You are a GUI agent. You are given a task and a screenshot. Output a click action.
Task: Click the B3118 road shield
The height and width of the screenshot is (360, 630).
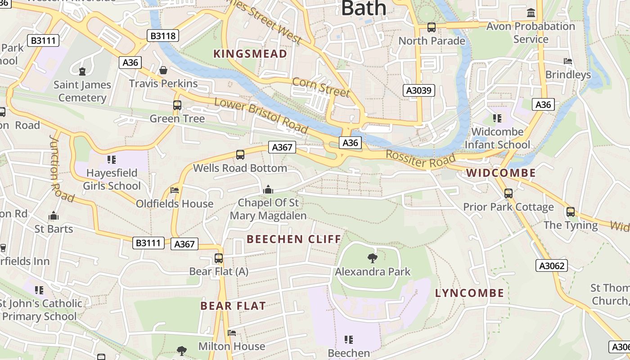pyautogui.click(x=163, y=36)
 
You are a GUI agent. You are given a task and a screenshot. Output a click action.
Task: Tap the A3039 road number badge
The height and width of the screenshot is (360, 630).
pyautogui.click(x=418, y=90)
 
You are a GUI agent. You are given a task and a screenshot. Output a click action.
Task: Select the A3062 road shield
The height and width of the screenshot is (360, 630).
pyautogui.click(x=552, y=266)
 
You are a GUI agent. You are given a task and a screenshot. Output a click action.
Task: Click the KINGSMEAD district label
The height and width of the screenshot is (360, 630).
pyautogui.click(x=250, y=54)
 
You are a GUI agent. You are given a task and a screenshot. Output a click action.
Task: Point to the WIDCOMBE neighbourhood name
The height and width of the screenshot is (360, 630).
pyautogui.click(x=501, y=173)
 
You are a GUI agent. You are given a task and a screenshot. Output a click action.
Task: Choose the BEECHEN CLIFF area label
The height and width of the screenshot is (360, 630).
pyautogui.click(x=294, y=239)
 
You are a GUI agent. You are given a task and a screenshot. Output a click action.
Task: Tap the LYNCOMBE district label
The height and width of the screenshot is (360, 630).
pyautogui.click(x=469, y=293)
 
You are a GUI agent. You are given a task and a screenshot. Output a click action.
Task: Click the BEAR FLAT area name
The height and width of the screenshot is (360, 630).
pyautogui.click(x=233, y=306)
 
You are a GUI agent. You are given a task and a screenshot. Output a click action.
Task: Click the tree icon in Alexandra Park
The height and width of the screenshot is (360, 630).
pyautogui.click(x=372, y=258)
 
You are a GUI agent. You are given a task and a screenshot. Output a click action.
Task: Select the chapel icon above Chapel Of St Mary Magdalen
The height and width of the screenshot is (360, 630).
pyautogui.click(x=268, y=189)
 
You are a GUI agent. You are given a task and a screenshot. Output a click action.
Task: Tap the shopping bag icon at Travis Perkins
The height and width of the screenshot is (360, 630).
pyautogui.click(x=163, y=70)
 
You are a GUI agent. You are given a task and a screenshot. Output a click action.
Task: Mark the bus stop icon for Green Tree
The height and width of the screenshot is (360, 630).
pyautogui.click(x=177, y=105)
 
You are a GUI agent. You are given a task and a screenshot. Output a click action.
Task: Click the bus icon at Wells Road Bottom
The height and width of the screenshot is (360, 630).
pyautogui.click(x=240, y=155)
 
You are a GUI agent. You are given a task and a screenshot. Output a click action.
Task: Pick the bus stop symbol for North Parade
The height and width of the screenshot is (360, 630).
pyautogui.click(x=432, y=27)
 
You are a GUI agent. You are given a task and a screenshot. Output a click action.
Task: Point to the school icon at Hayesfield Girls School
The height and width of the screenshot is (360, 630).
pyautogui.click(x=112, y=159)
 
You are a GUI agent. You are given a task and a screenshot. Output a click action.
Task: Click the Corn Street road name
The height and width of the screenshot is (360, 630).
pyautogui.click(x=321, y=87)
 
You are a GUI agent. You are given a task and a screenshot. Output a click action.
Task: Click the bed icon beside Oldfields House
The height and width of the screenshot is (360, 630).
pyautogui.click(x=175, y=190)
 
